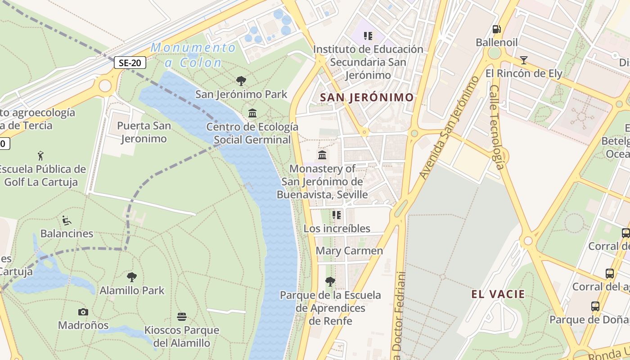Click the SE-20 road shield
click(x=130, y=63)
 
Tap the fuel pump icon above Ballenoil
click(x=497, y=29)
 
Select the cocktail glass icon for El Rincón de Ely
click(x=523, y=60)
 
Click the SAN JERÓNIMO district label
click(x=366, y=97)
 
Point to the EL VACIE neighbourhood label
click(x=498, y=294)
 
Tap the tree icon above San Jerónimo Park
click(x=241, y=81)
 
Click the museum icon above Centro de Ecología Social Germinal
click(x=252, y=113)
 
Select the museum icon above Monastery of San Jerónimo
click(x=322, y=155)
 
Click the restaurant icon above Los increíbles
click(x=337, y=215)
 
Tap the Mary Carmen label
click(x=349, y=251)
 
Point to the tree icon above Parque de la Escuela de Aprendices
click(x=330, y=282)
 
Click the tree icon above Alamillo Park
click(x=132, y=277)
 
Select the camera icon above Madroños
click(x=83, y=312)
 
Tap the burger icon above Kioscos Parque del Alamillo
click(x=182, y=317)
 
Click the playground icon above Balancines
click(x=67, y=220)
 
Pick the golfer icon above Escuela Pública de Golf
click(x=41, y=156)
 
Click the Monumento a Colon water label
click(x=193, y=55)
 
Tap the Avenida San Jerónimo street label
click(x=449, y=128)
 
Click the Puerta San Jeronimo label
click(x=144, y=132)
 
